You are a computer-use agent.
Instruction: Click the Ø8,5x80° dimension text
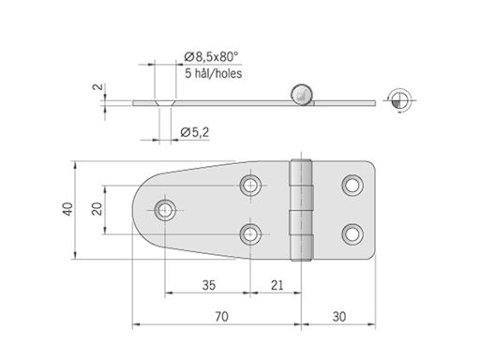pyautogui.click(x=211, y=57)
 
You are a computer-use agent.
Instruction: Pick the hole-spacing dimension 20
pyautogui.click(x=96, y=208)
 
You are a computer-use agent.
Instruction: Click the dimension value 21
pyautogui.click(x=277, y=284)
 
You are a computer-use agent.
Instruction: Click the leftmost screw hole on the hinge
pyautogui.click(x=166, y=208)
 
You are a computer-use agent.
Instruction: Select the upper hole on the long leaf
pyautogui.click(x=251, y=185)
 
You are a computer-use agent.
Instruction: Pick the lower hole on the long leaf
pyautogui.click(x=251, y=232)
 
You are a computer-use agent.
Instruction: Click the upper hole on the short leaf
pyautogui.click(x=352, y=185)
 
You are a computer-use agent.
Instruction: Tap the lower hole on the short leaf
pyautogui.click(x=352, y=232)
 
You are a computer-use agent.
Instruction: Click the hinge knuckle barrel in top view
pyautogui.click(x=301, y=208)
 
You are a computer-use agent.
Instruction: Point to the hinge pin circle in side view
pyautogui.click(x=300, y=92)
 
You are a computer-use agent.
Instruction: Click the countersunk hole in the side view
pyautogui.click(x=165, y=99)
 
